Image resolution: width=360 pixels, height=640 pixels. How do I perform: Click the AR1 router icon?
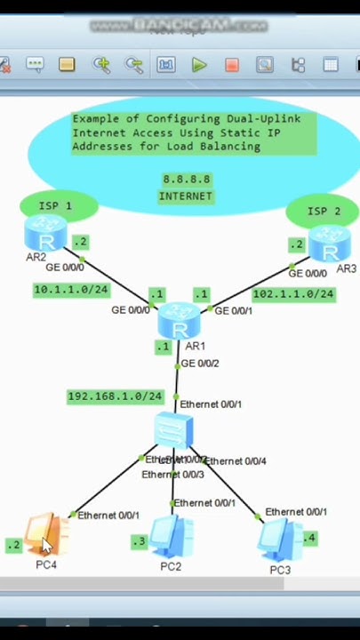[180, 319]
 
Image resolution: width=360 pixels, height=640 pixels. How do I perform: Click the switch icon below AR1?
[173, 431]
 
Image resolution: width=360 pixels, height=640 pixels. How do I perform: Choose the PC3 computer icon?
[278, 539]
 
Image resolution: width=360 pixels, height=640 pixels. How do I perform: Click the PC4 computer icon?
[45, 536]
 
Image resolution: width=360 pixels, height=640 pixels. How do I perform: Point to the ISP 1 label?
[55, 206]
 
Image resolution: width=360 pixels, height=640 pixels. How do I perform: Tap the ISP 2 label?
[324, 212]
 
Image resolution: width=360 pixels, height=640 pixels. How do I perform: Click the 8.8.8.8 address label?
[186, 180]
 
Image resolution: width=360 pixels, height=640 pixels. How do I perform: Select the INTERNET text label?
[186, 196]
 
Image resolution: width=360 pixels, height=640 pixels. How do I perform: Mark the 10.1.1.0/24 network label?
[70, 290]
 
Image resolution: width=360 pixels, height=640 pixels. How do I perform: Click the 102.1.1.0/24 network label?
[293, 293]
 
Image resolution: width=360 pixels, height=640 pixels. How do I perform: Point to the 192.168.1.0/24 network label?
[115, 396]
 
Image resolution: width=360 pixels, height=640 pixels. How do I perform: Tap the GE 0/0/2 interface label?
[200, 364]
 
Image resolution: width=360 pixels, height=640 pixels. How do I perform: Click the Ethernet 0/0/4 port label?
[236, 461]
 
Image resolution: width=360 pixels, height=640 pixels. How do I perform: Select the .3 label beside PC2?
[139, 541]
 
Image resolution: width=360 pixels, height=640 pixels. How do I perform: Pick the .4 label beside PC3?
[308, 538]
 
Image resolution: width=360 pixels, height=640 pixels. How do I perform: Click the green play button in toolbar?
[199, 65]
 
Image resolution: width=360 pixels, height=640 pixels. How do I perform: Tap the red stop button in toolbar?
[231, 65]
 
